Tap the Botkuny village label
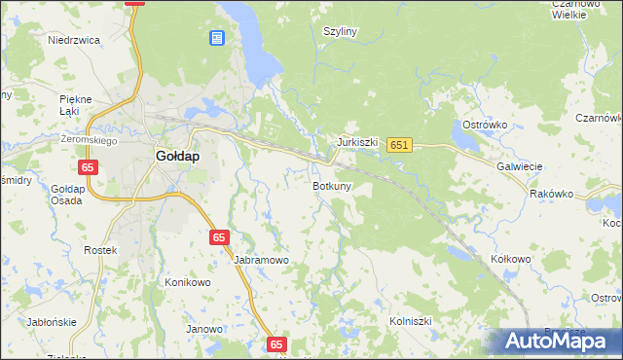[x=332, y=185]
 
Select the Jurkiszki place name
[x=357, y=142]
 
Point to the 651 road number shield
[x=399, y=145]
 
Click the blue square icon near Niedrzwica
[x=216, y=38]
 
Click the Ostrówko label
[x=481, y=126]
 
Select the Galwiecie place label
[x=519, y=166]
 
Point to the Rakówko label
[x=551, y=194]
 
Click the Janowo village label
[x=204, y=329]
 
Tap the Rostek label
[x=100, y=250]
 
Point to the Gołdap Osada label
[x=68, y=195]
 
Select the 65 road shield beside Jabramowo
[x=220, y=237]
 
